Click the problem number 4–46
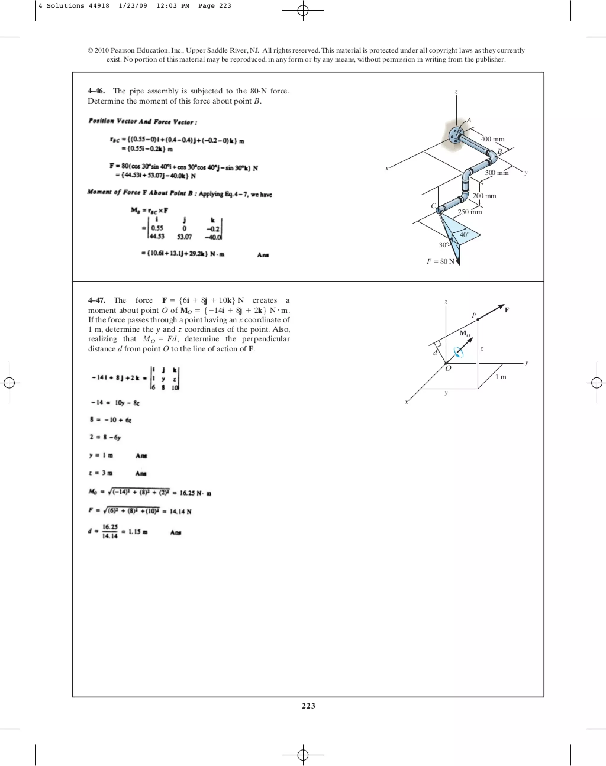pyautogui.click(x=96, y=91)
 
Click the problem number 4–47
pyautogui.click(x=96, y=300)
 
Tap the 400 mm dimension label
pyautogui.click(x=492, y=139)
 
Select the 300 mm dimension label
pyautogui.click(x=497, y=173)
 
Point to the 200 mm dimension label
pyautogui.click(x=484, y=196)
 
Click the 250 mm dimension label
pyautogui.click(x=470, y=212)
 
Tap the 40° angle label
pyautogui.click(x=465, y=235)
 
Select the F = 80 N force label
pyautogui.click(x=440, y=261)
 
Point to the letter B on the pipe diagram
pyautogui.click(x=499, y=151)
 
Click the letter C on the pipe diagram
pyautogui.click(x=433, y=206)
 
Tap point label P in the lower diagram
pyautogui.click(x=474, y=315)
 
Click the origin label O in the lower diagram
pyautogui.click(x=448, y=369)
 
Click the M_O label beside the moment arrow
pyautogui.click(x=465, y=333)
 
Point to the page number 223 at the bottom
pyautogui.click(x=308, y=706)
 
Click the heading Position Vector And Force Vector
pyautogui.click(x=143, y=122)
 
